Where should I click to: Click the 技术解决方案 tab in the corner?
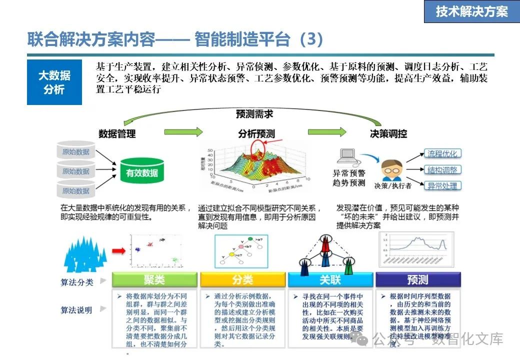coord(471,11)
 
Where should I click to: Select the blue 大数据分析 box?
coord(54,82)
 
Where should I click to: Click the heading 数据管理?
coord(117,133)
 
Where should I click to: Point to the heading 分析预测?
coord(256,134)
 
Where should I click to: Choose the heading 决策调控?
coord(388,133)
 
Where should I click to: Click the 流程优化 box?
coord(442,153)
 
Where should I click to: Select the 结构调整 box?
coord(442,170)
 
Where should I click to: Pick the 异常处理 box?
coord(442,186)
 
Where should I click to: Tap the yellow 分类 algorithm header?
coord(242,279)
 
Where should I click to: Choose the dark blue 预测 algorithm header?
coord(417,279)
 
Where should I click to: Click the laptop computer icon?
coord(348,157)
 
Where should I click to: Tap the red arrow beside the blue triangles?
coord(118,250)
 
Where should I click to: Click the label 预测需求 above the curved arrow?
coord(254,114)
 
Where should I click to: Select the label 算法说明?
coord(77,310)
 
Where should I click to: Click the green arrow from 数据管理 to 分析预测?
coord(183,132)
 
